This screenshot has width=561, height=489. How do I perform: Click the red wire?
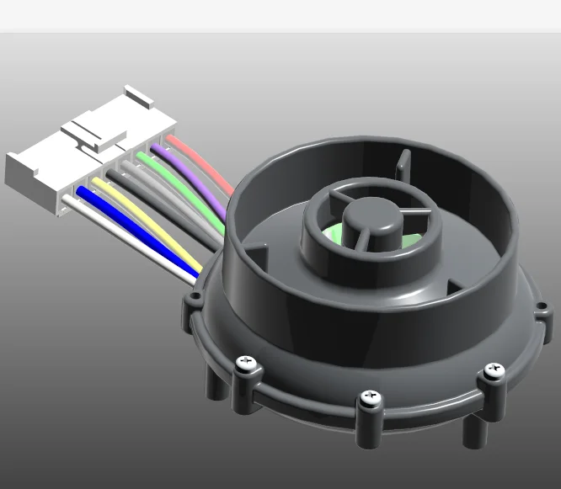click(x=202, y=165)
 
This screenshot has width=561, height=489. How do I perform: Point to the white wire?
click(x=126, y=245)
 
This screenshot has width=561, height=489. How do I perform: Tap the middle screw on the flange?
click(x=368, y=396)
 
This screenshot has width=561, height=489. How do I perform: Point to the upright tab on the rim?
click(x=403, y=165)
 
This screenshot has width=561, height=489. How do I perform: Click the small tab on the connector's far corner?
click(x=139, y=94)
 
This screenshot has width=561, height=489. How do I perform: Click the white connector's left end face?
click(x=20, y=173)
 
